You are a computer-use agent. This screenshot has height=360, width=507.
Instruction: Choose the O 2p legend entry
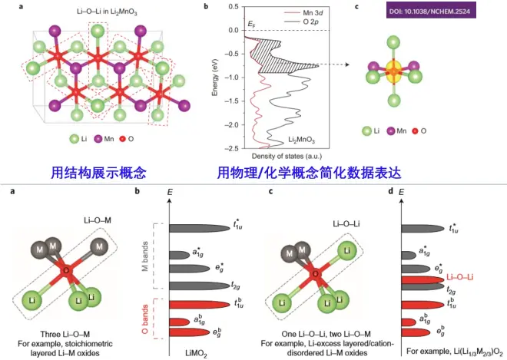pyautogui.click(x=290, y=24)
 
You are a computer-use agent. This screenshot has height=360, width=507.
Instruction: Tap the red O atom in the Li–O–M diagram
pyautogui.click(x=66, y=270)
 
